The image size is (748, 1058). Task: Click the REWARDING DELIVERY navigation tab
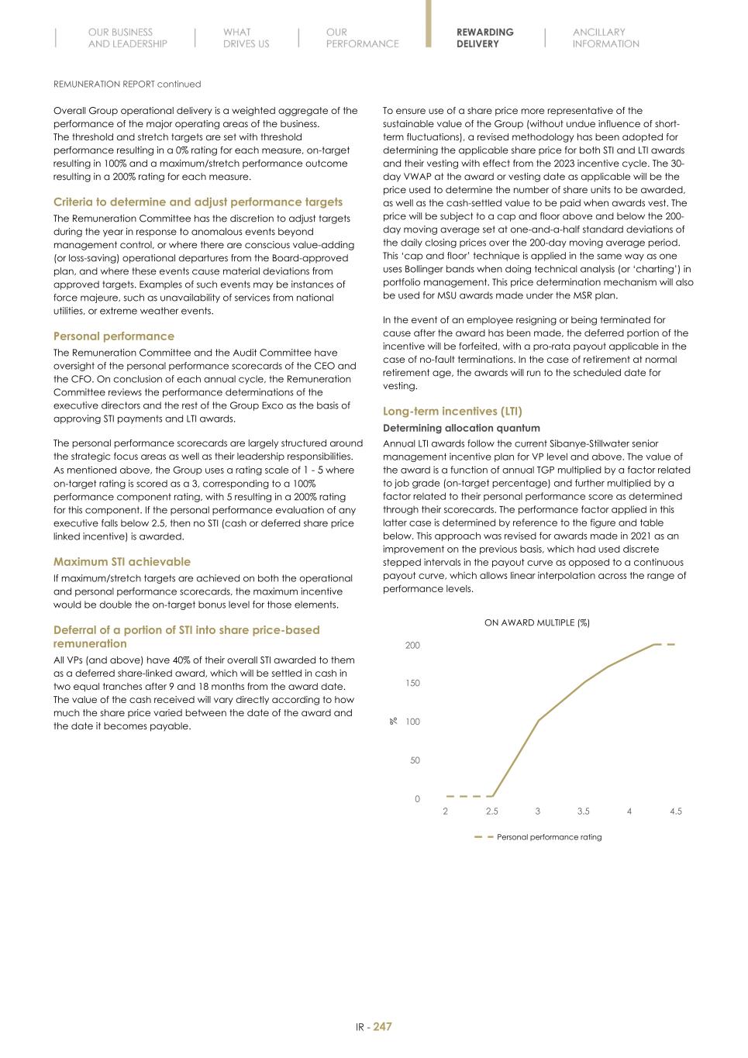point(484,38)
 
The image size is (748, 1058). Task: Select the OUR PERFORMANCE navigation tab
point(362,38)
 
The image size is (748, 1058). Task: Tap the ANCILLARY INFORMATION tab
point(605,38)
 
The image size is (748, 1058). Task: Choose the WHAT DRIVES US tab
point(246,38)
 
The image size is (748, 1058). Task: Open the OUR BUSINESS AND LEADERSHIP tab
point(127,38)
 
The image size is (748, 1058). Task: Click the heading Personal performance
point(113,336)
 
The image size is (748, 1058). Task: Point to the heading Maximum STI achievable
point(122,562)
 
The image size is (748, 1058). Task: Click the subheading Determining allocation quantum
point(461,428)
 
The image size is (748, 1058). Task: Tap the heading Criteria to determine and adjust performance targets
point(198,202)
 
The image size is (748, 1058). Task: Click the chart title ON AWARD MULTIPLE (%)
point(536,622)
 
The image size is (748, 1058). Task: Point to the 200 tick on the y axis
point(412,646)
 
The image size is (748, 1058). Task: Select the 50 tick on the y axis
point(415,760)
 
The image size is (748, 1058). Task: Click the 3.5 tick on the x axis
point(583,812)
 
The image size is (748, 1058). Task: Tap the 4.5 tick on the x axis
point(676,812)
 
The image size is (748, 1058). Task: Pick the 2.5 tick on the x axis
point(491,812)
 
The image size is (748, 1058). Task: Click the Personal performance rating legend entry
point(548,837)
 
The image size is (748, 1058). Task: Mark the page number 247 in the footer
point(383,1027)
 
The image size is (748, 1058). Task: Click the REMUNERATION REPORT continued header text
point(127,84)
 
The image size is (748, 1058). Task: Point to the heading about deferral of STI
point(186,636)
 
